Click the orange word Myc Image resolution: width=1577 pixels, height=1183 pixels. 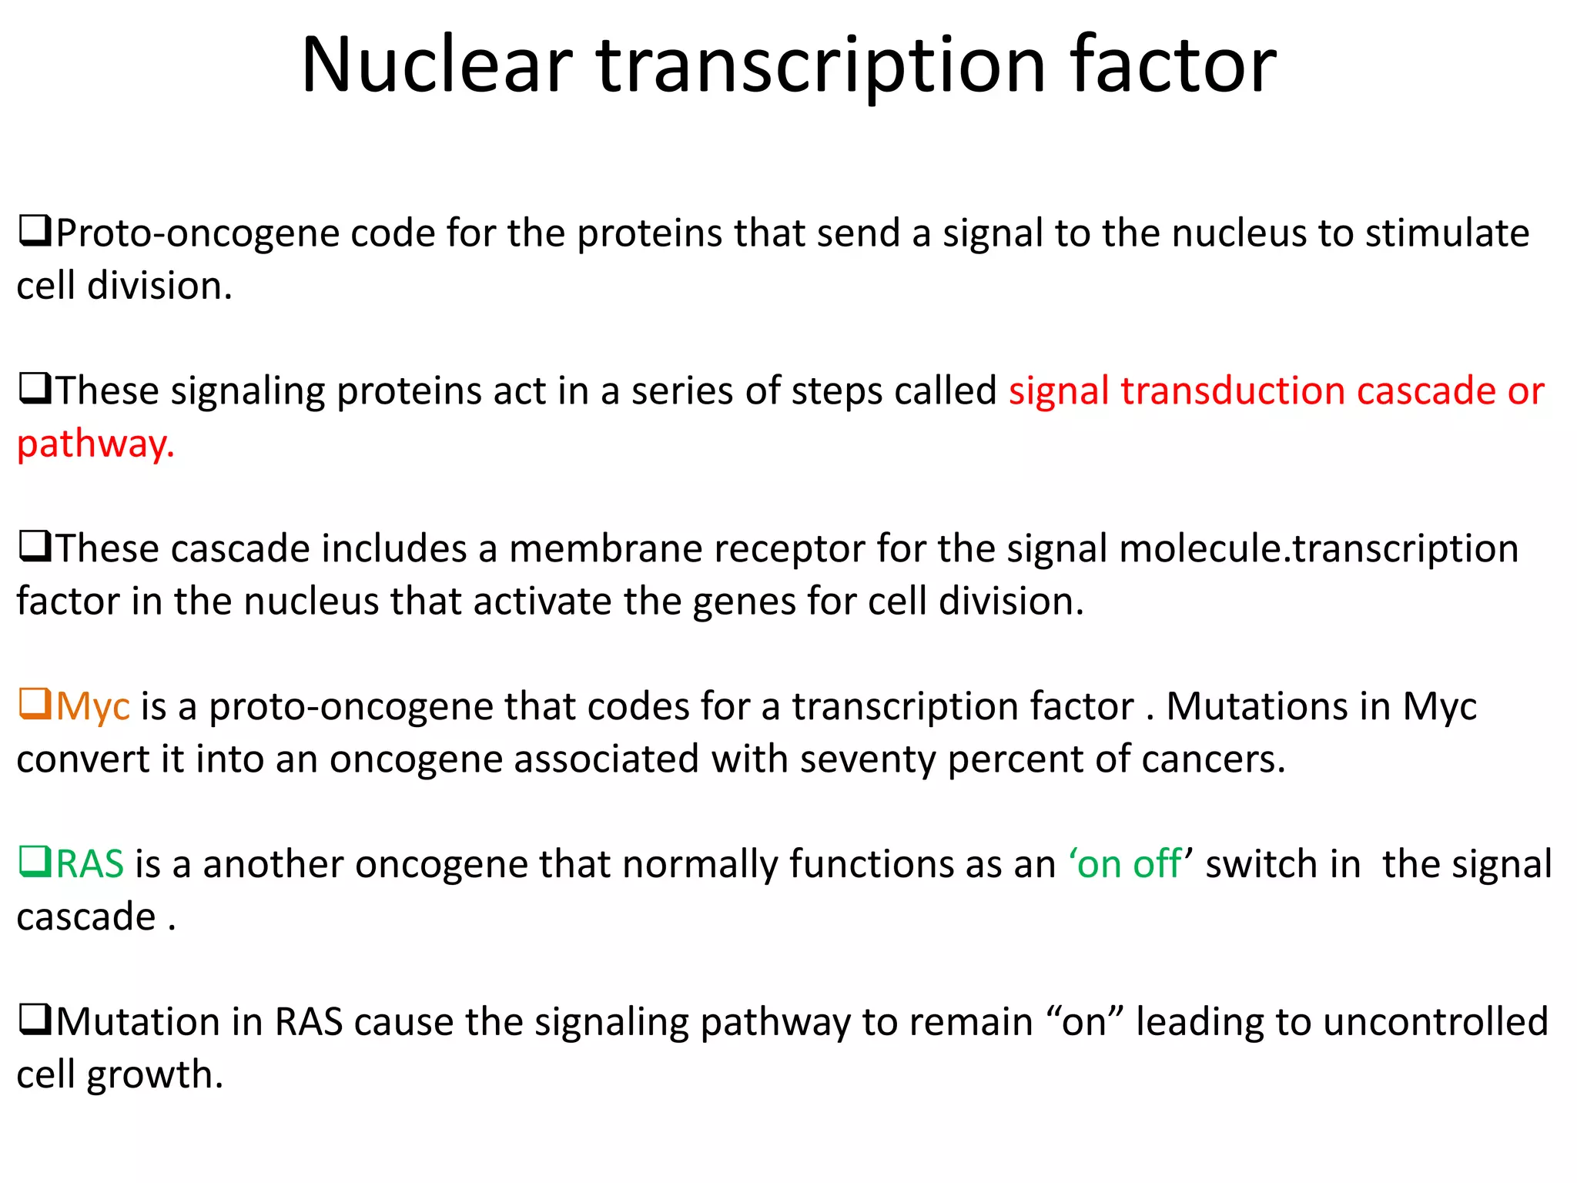92,707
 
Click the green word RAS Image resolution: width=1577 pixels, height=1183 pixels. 90,863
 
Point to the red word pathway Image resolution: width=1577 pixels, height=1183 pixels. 95,444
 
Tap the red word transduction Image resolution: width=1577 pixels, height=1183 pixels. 1231,390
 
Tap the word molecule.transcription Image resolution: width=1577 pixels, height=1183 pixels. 1318,549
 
